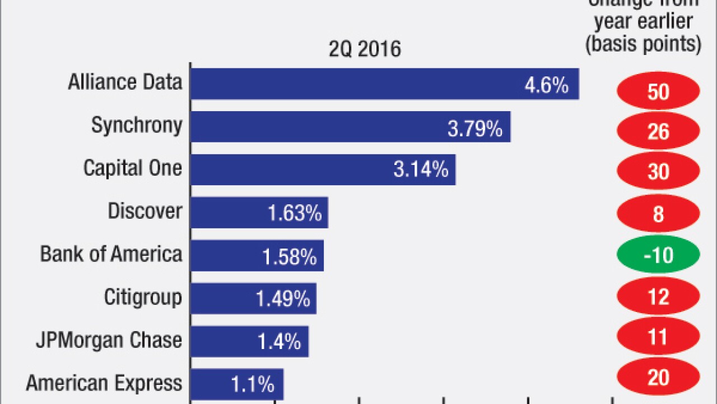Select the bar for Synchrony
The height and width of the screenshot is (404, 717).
350,127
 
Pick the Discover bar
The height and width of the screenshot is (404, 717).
259,213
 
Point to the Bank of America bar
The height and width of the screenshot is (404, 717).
257,256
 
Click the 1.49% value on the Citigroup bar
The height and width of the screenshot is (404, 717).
283,299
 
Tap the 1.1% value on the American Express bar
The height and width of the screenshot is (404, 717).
253,384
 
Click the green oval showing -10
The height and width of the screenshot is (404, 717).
658,255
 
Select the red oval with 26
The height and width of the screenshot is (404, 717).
658,131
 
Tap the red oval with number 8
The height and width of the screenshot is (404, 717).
658,214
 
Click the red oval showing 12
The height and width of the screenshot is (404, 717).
658,296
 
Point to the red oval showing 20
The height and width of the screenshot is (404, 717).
658,377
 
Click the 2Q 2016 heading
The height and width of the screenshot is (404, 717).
365,49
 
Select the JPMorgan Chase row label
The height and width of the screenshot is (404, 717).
109,340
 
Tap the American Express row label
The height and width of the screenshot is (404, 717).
104,384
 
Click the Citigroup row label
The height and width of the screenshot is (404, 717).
143,297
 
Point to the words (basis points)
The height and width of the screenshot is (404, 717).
643,44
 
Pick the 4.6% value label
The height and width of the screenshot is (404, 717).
546,85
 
